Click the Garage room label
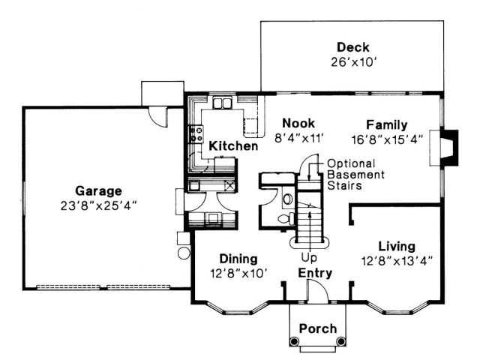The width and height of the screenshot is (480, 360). coord(98,191)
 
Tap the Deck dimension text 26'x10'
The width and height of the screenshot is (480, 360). coord(353,62)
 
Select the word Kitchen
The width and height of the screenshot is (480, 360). coord(233,145)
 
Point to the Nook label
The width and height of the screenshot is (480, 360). coord(298,123)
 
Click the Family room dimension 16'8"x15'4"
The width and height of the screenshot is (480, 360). coord(387,139)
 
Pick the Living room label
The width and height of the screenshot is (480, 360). coord(397,247)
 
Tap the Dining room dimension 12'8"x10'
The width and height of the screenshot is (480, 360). coord(238,273)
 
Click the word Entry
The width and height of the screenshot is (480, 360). coord(315,273)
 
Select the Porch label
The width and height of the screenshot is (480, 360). coord(318,328)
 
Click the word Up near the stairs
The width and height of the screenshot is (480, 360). coord(308,258)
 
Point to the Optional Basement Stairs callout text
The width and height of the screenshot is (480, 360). coord(355,175)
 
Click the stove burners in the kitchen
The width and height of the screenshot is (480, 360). coord(196,134)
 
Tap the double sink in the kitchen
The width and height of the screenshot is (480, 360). coord(222,103)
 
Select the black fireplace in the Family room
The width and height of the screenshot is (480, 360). coord(449,148)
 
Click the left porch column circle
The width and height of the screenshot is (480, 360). coord(294,340)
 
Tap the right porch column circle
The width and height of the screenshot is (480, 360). coord(340,340)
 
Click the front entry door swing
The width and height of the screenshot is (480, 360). coord(318,292)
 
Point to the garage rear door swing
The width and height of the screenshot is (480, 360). coord(157,117)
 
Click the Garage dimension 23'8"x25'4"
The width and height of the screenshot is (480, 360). coord(98,206)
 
